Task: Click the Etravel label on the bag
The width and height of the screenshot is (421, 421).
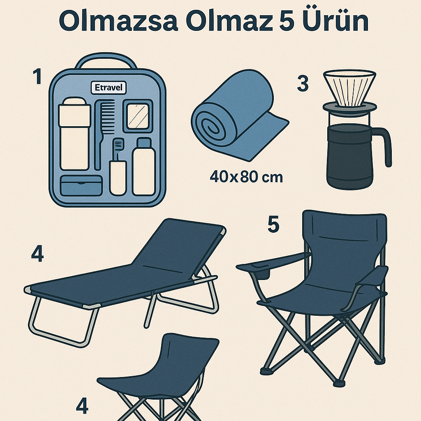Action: pos(109,88)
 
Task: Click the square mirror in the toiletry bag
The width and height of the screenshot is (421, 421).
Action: pos(138,116)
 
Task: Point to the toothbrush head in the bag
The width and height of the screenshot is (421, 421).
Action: pos(118,144)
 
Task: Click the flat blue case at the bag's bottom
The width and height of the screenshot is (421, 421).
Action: pos(81,185)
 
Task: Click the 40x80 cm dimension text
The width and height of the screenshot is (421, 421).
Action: pos(246,177)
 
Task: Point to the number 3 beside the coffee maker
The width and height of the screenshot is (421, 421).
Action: pos(303,83)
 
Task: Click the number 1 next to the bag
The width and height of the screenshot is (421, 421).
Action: pos(37,76)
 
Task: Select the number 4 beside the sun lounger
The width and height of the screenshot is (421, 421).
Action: pos(37,254)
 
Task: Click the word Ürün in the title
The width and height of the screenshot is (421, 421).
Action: pos(335,21)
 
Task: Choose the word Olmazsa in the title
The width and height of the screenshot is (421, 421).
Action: pos(118,21)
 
